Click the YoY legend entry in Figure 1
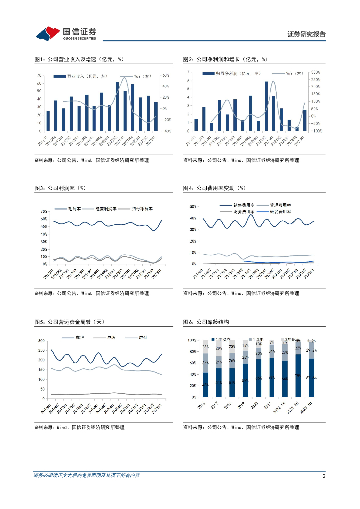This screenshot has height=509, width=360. (142, 76)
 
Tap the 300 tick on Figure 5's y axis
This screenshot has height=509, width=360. (42, 341)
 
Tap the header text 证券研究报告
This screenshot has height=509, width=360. (307, 34)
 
